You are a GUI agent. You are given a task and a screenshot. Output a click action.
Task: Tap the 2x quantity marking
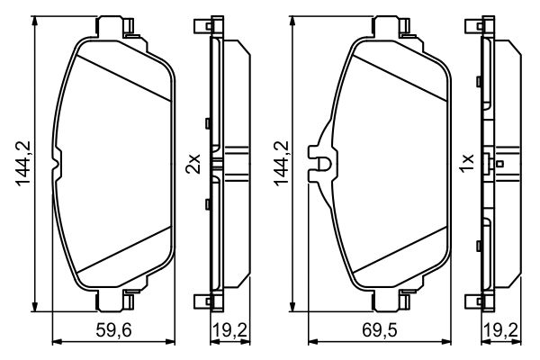(x=191, y=163)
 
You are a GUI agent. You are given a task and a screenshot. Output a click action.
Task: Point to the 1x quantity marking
(x=466, y=163)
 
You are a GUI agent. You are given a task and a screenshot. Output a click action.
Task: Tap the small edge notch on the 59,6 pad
(x=58, y=162)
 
